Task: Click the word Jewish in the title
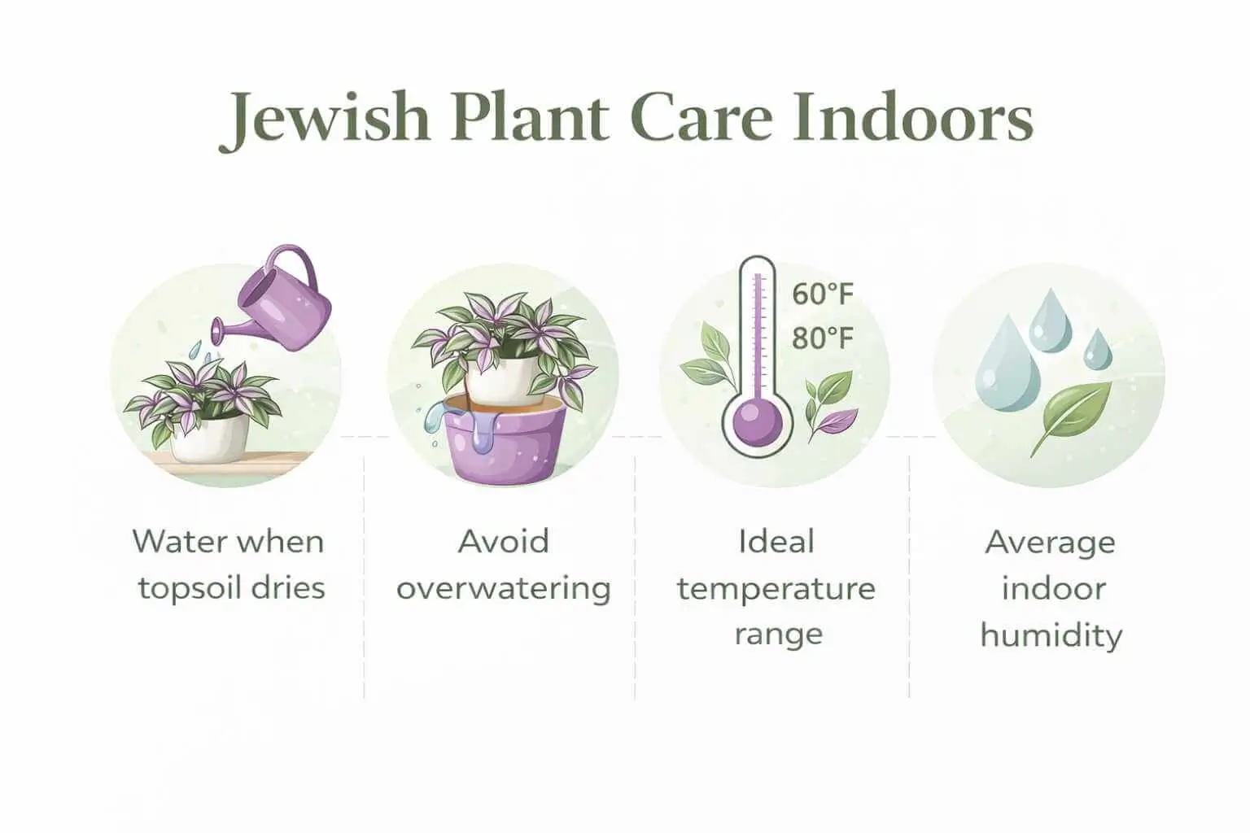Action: pyautogui.click(x=325, y=120)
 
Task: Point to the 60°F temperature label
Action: pyautogui.click(x=823, y=294)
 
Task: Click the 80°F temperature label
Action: pyautogui.click(x=823, y=337)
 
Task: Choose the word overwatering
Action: pyautogui.click(x=504, y=588)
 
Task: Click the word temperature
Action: pyautogui.click(x=776, y=588)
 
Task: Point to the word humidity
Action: pyautogui.click(x=1051, y=635)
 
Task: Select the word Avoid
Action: pyautogui.click(x=504, y=542)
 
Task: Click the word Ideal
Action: pyautogui.click(x=776, y=542)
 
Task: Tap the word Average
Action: pyautogui.click(x=1051, y=542)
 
